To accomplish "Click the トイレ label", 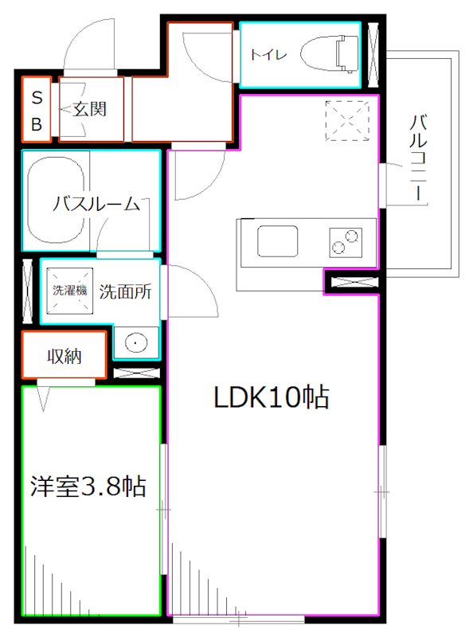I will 264,54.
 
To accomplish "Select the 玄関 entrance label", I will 90,109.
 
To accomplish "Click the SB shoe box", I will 37,109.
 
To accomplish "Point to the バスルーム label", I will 96,204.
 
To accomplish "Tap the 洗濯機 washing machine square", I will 70,291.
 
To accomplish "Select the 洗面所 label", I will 124,291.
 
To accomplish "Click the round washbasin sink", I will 136,343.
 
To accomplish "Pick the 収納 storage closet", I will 64,357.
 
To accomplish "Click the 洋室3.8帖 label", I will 88,486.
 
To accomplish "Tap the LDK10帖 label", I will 271,397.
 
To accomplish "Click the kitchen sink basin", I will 277,240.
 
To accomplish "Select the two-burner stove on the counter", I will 345,240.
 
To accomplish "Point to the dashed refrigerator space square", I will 349,120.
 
